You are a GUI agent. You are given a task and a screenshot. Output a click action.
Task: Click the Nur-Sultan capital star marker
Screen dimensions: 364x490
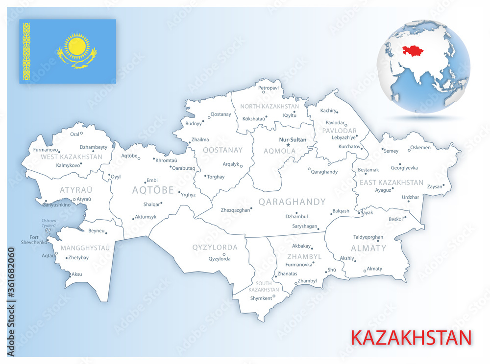pos(288,145)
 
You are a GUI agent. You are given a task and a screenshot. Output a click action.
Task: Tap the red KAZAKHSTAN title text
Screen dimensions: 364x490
pos(411,338)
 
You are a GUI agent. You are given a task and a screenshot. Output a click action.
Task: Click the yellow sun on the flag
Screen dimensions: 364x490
pos(76,47)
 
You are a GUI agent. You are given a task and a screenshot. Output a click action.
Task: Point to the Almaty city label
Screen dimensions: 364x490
pos(374,269)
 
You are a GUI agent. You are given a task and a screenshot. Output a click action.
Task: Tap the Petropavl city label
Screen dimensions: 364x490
pos(268,88)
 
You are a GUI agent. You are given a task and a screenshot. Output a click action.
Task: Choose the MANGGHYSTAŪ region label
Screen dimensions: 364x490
pos(85,248)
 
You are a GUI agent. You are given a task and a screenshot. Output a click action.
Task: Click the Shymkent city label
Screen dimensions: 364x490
pos(261,298)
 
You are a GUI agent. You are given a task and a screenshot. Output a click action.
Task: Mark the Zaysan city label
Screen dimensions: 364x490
pos(435,186)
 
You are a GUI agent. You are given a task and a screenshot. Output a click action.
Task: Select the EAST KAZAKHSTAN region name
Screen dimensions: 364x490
pos(391,182)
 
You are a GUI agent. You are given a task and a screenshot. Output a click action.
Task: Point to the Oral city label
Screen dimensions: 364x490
pos(74,134)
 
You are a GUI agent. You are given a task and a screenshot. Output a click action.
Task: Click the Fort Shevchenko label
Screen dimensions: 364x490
pos(34,240)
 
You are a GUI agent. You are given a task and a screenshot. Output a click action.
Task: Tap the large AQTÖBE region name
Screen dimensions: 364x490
pos(153,190)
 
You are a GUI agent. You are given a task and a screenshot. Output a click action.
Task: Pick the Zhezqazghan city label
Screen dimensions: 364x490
pos(235,209)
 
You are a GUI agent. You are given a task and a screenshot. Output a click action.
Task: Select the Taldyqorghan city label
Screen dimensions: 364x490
pos(368,237)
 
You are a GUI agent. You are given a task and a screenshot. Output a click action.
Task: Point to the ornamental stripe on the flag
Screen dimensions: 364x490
pos(26,51)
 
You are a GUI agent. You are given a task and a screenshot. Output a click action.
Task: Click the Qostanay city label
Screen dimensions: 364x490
pos(220,114)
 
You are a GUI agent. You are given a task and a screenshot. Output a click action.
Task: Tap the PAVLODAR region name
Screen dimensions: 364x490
pos(339,131)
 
